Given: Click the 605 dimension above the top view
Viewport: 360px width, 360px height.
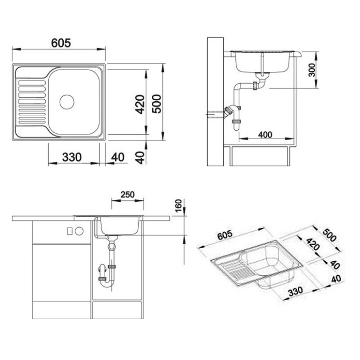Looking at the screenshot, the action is coord(61,43).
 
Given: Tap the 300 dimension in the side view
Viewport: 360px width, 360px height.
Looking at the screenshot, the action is coord(312,70).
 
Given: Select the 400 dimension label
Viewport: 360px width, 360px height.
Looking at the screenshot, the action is coord(265,135).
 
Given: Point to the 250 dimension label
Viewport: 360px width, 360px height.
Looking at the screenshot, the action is coord(127,195).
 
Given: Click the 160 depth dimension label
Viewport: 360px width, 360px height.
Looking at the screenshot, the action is coord(179,205).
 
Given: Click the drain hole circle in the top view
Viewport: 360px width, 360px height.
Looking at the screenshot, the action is coord(67,102).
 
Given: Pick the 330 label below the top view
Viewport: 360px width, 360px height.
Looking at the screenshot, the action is coord(72,157).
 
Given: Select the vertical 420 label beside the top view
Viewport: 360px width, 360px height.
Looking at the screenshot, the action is coord(140,105).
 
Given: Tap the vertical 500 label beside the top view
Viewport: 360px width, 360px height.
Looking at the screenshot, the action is coord(157,104).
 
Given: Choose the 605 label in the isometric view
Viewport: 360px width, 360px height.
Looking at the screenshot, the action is coord(225,235).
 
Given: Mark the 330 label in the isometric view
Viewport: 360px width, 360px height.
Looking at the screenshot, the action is coord(295,291).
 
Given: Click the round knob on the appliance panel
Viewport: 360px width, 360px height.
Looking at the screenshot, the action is coord(79,231).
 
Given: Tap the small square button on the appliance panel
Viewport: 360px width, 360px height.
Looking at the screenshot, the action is coord(70,231).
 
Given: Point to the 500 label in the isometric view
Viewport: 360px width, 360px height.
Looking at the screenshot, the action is coord(329,235).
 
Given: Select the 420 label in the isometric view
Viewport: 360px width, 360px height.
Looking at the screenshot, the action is coord(313,244).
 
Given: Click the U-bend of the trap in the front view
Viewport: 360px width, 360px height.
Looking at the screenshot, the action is coord(107,284).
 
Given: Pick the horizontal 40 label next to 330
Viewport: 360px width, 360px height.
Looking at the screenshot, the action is coord(118,157).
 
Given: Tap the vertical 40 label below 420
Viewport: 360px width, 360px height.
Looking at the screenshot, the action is coord(140,158).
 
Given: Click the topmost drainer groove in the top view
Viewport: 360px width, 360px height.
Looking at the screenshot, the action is coord(32,83).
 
